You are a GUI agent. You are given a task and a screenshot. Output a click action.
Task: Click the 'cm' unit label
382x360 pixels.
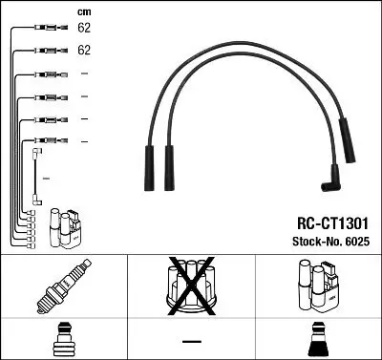(83, 11)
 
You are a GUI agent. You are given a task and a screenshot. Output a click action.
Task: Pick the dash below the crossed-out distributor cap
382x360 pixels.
(190, 340)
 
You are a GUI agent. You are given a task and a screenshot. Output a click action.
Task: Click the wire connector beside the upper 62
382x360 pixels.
(43, 28)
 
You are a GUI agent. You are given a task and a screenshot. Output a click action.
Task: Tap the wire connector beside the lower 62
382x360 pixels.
(43, 50)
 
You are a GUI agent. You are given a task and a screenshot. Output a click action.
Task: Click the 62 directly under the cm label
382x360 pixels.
(83, 29)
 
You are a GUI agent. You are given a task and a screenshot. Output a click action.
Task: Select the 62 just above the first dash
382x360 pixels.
(83, 51)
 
